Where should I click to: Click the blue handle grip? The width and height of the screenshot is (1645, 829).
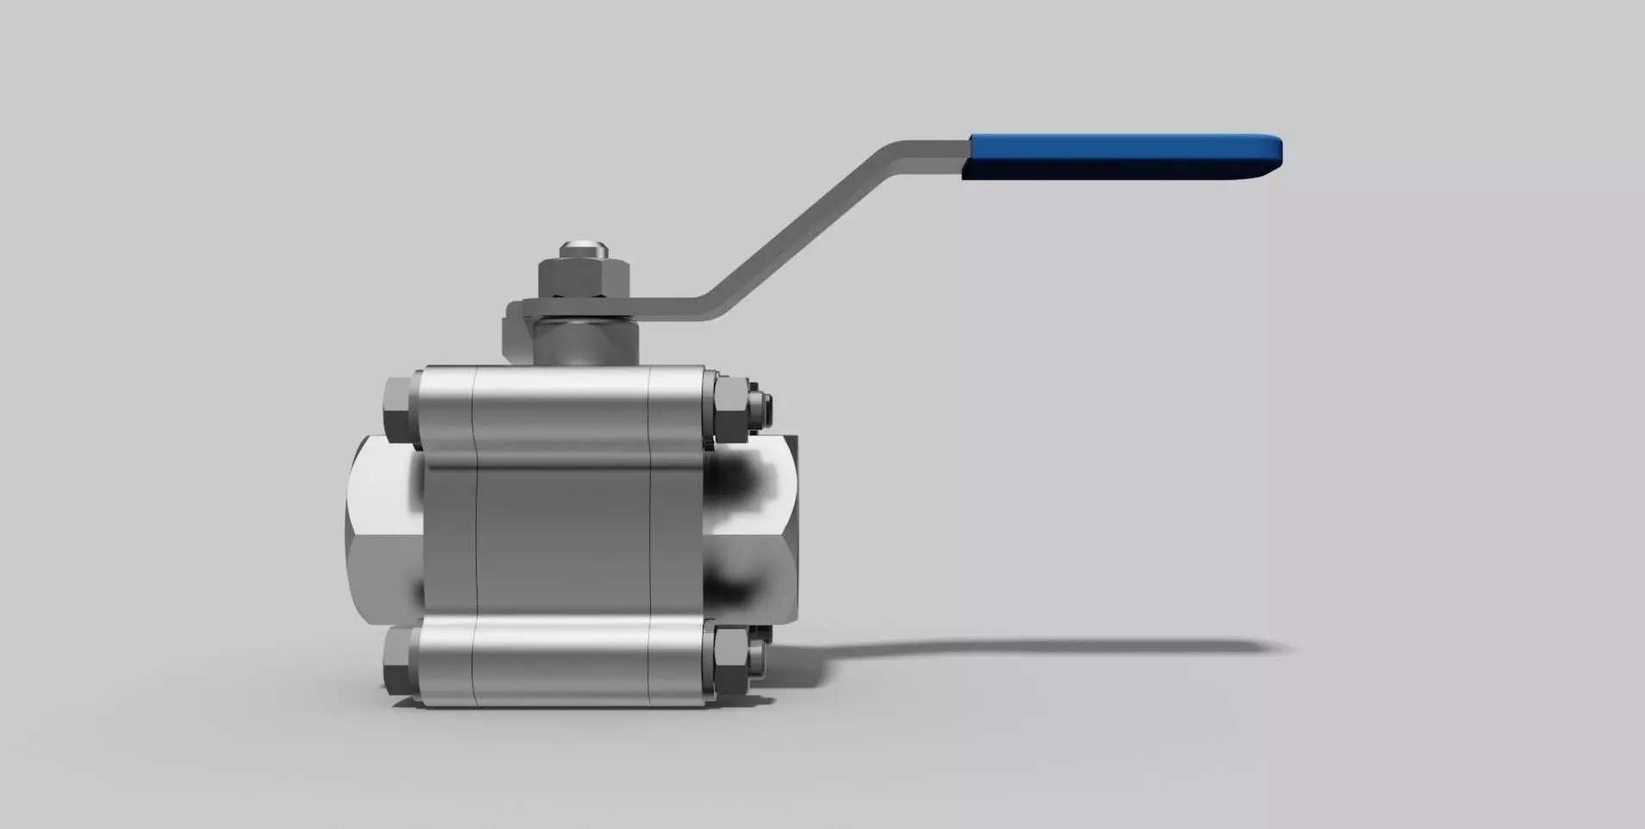click(1121, 157)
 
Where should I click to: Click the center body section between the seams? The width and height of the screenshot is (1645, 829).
click(562, 534)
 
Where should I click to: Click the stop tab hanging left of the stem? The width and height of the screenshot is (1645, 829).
click(516, 332)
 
